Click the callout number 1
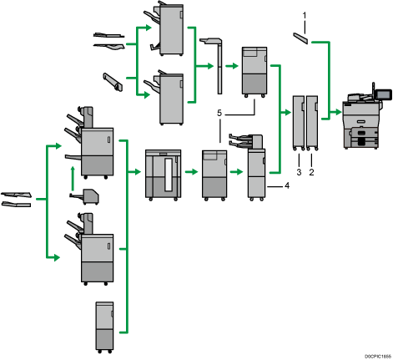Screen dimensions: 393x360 coord(304,15)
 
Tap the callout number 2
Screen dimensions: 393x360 coord(311,172)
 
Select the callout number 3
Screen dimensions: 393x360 coord(299,172)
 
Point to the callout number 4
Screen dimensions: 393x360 coord(287,185)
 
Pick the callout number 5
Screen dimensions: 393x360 coord(219,113)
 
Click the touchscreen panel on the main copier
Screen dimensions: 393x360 coord(384,95)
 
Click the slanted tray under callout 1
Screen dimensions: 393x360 coord(300,38)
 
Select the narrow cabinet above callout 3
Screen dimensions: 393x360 coord(299,123)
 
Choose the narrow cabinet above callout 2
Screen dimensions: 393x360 coord(312,123)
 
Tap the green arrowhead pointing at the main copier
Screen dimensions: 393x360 coord(339,112)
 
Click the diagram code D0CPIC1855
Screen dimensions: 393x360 coord(378,356)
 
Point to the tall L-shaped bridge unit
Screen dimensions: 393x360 coord(215,66)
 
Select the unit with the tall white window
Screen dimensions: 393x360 coord(164,175)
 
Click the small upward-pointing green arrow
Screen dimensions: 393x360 coord(73,179)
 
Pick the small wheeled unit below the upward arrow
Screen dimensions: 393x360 coord(84,196)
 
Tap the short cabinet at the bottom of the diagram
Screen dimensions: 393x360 coord(104,327)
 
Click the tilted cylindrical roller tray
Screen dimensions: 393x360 coord(113,82)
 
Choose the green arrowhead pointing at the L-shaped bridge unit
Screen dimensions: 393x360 coord(210,66)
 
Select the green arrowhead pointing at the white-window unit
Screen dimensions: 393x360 coord(138,172)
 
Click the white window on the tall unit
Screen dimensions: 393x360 coord(169,175)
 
